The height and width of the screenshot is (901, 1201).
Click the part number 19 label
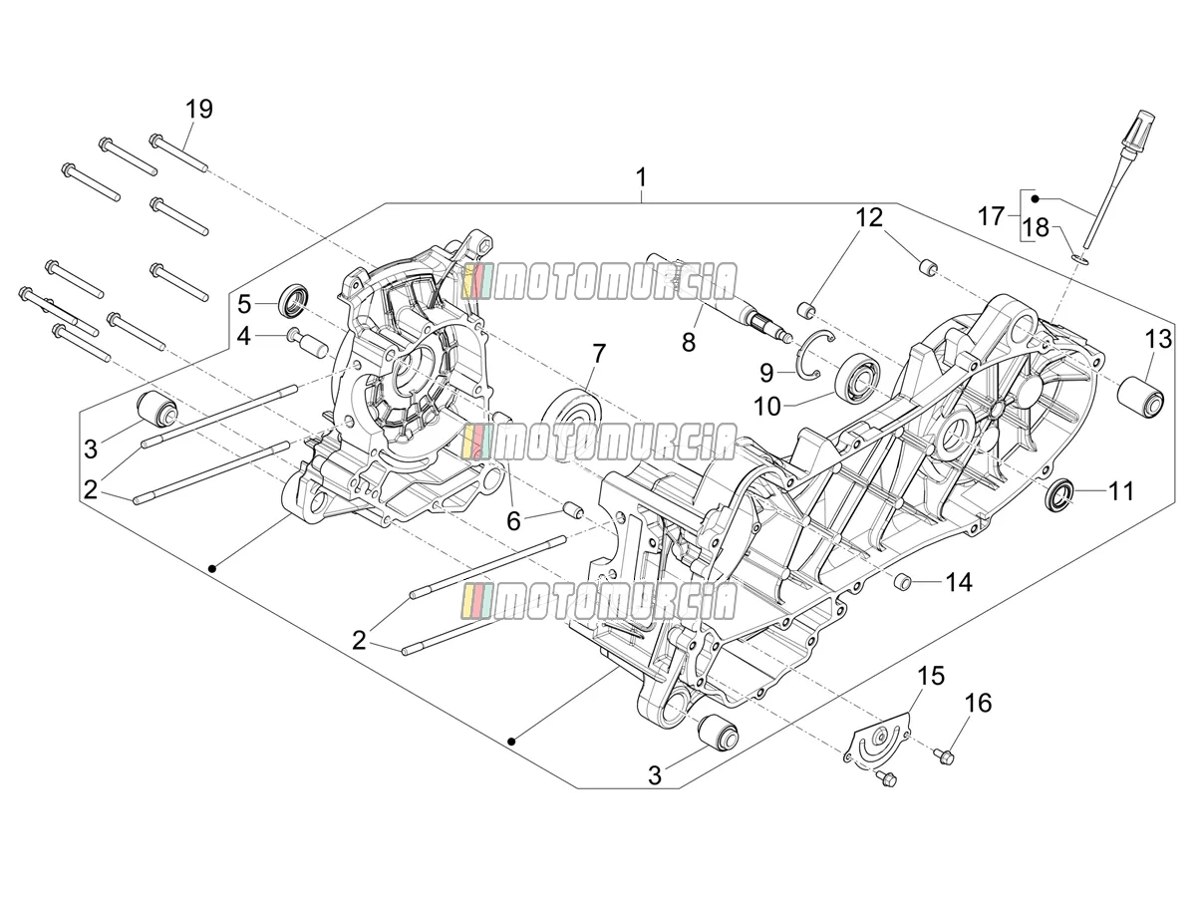click(x=199, y=109)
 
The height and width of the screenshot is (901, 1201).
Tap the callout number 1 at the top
click(x=641, y=177)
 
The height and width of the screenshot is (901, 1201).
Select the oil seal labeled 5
click(x=294, y=301)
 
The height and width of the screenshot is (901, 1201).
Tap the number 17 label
click(x=991, y=216)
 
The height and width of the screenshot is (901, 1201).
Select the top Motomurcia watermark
click(x=599, y=281)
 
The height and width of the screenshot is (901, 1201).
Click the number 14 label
click(x=959, y=583)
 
